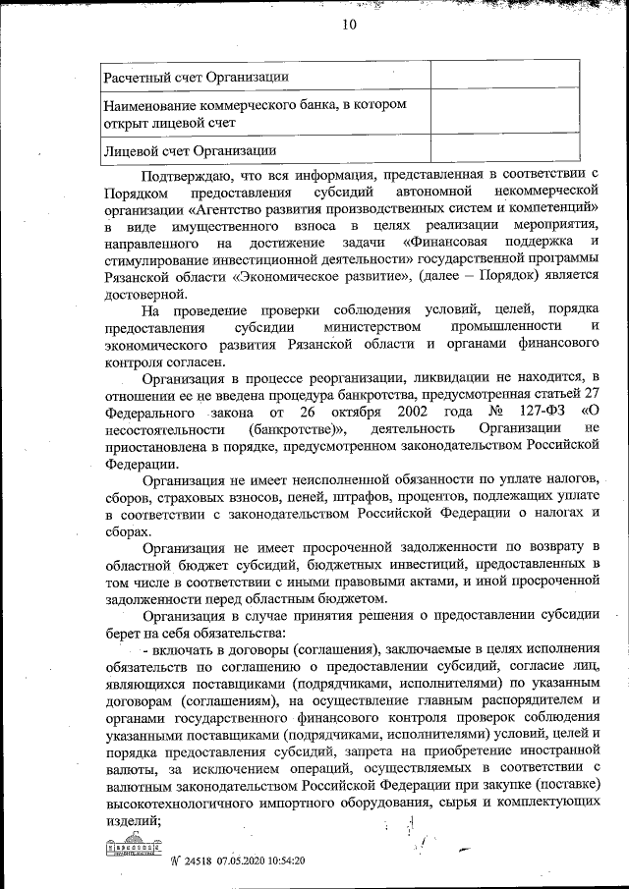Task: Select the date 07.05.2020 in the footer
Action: click(250, 861)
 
